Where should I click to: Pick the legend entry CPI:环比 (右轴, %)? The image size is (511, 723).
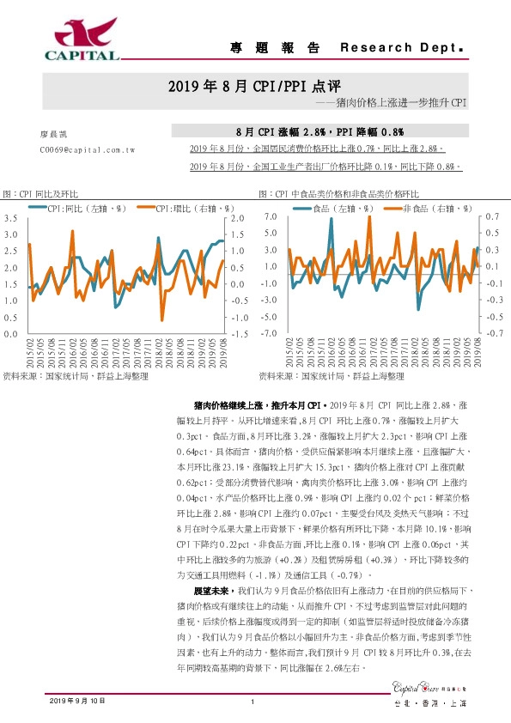pos(190,208)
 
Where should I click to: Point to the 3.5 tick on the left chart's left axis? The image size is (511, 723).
pos(11,220)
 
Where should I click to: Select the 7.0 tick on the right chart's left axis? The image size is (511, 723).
pos(268,218)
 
